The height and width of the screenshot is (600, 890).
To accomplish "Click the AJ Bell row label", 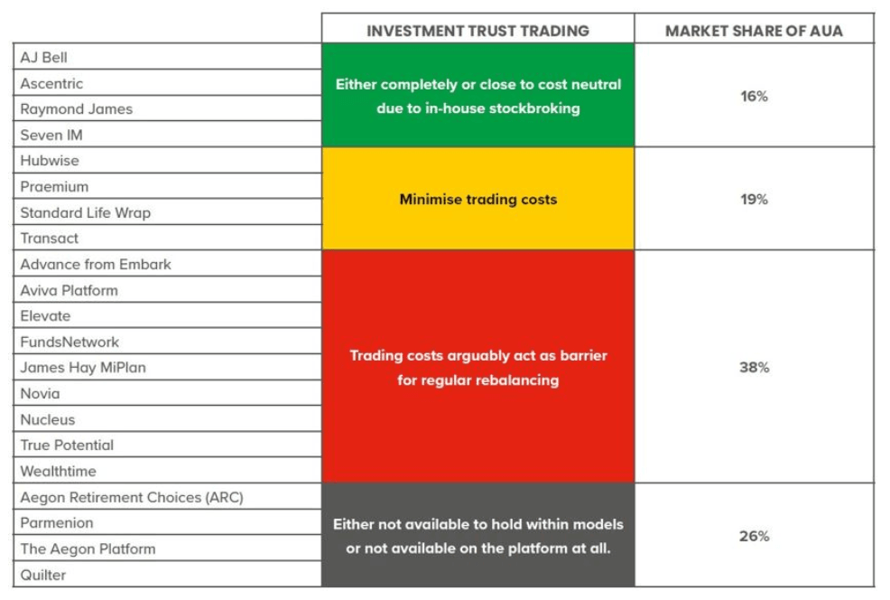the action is click(43, 58).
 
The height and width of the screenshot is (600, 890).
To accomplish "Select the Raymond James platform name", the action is click(77, 109).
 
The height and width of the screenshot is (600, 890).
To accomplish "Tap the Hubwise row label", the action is click(50, 161).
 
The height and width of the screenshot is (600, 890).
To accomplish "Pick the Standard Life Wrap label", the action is click(86, 212).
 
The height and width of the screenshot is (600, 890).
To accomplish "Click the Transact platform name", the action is click(50, 239).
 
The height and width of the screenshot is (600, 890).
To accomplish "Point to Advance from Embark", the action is click(96, 264).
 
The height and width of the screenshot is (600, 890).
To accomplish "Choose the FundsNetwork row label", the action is click(70, 342).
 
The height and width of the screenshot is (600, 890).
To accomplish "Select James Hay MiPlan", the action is click(83, 368).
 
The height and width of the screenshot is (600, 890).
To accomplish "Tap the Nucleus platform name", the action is click(48, 420).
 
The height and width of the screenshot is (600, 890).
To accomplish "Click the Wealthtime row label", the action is click(59, 472).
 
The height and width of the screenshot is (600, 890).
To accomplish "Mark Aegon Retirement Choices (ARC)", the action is click(133, 498).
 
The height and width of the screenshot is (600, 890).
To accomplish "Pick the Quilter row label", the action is click(43, 575).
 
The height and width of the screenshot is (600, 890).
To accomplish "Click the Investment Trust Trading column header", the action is click(477, 31).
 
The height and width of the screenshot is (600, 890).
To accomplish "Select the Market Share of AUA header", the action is click(755, 31).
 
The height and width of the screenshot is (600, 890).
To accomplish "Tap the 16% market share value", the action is click(755, 96).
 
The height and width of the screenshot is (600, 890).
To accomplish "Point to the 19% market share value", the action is click(755, 200).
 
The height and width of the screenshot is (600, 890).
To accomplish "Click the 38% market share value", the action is click(755, 368).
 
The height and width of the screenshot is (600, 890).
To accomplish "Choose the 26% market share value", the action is click(755, 536).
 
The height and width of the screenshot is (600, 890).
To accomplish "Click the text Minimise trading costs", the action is click(478, 200).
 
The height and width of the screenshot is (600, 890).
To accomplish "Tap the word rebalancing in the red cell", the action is click(513, 380).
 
